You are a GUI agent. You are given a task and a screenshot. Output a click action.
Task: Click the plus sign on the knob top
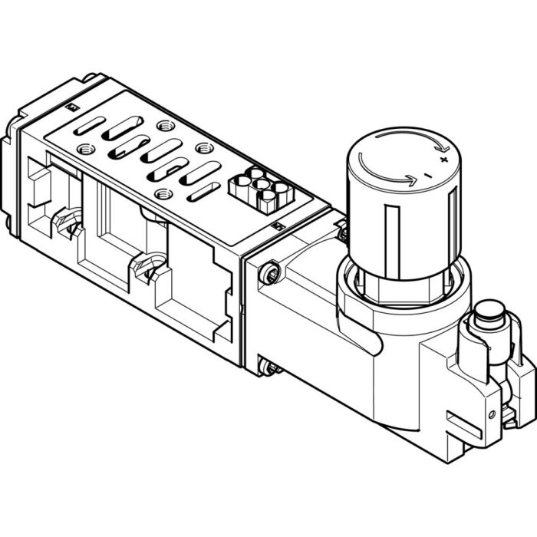point(443,160)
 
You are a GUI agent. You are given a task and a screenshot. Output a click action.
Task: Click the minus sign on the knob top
point(427,176)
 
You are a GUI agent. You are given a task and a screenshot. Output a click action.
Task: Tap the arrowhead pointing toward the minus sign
point(412,181)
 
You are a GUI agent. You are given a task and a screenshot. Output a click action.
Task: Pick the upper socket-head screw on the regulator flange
point(270,272)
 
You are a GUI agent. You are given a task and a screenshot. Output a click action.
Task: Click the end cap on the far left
point(11,176)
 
